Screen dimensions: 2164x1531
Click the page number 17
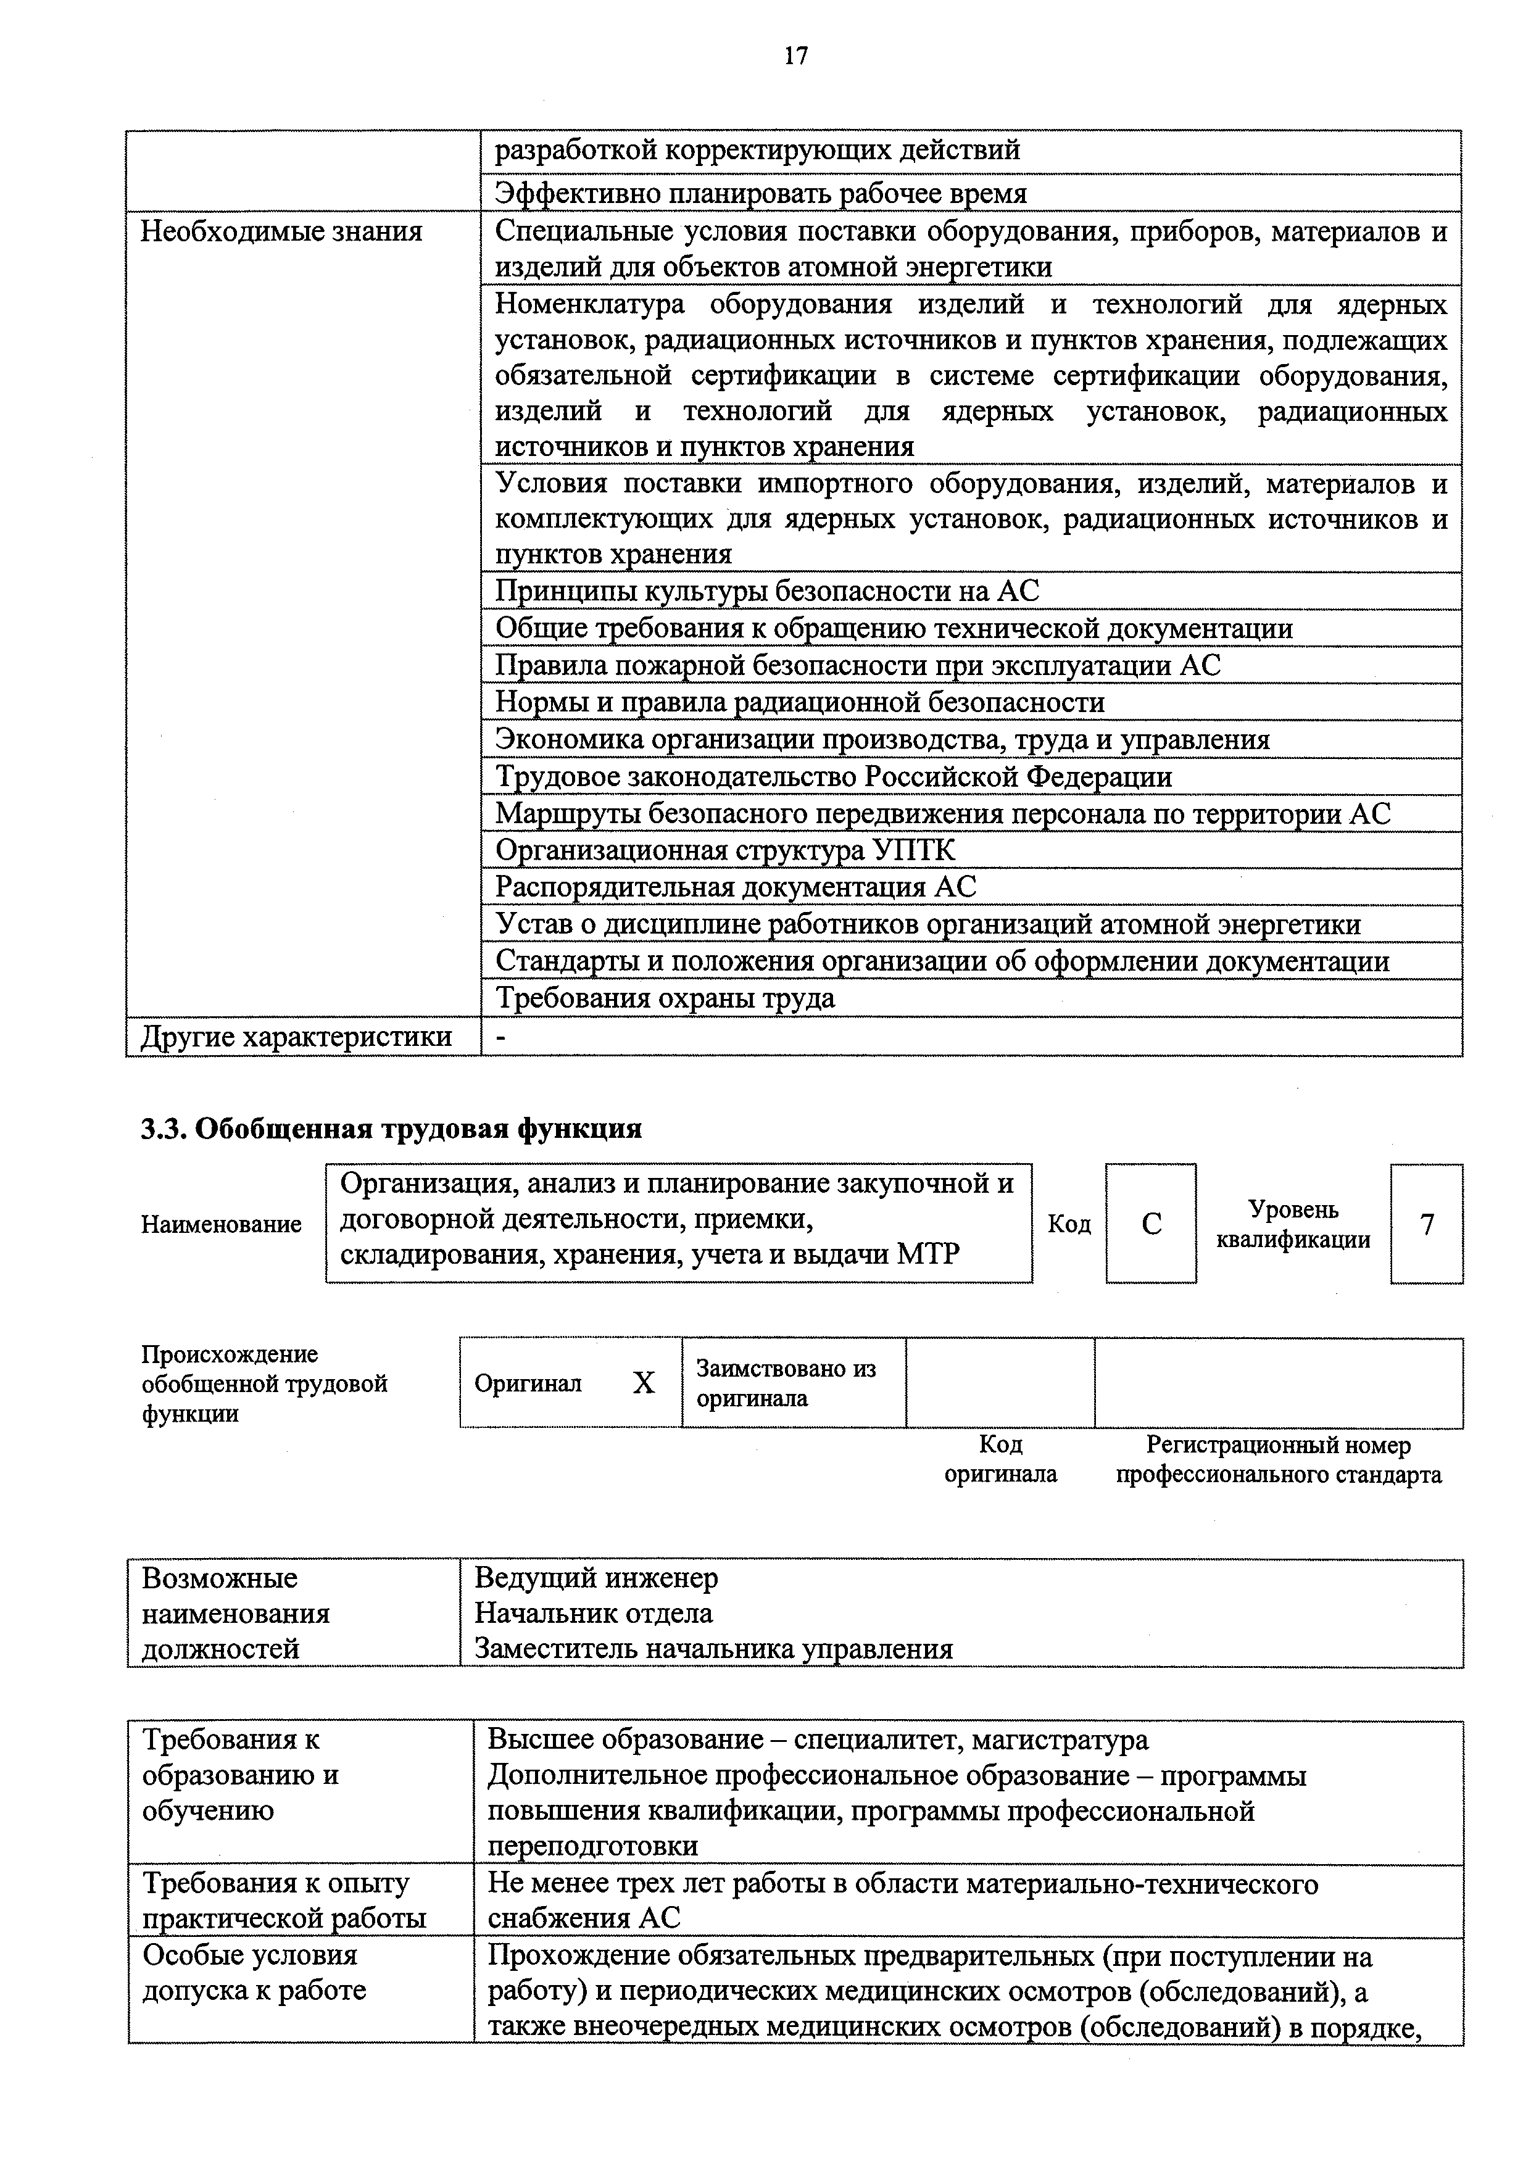pos(795,57)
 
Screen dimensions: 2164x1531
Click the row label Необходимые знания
pos(281,231)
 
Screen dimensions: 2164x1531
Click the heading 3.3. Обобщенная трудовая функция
pos(391,1128)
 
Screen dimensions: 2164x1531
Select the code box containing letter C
pos(1150,1224)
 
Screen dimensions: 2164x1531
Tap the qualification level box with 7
pos(1426,1224)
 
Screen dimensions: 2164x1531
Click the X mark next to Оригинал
pos(643,1383)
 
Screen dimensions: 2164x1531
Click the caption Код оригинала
pos(1000,1459)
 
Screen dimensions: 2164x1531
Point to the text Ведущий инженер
pos(596,1578)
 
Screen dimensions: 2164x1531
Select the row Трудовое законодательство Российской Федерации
pos(833,777)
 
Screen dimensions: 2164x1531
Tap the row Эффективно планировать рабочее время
pos(760,193)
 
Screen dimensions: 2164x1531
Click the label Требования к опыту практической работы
pos(284,1900)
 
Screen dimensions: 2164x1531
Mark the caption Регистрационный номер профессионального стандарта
pos(1279,1459)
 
